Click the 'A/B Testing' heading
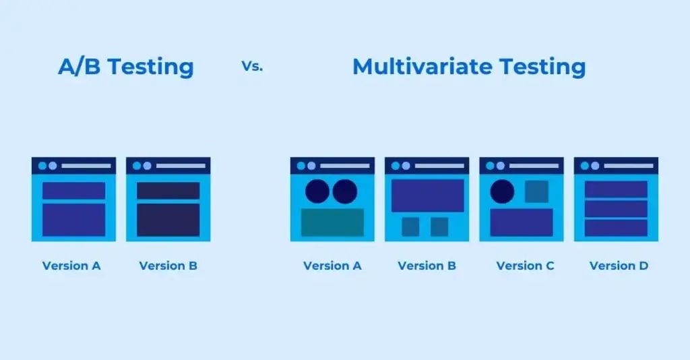pos(125,67)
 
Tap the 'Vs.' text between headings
pos(251,67)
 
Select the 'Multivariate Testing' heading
pos(469,67)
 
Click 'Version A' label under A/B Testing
pos(71,266)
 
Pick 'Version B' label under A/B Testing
pos(168,266)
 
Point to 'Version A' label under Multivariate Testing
pos(332,266)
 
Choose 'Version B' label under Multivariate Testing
pos(427,266)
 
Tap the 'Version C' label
pos(525,266)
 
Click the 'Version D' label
pos(619,266)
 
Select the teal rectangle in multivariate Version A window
pos(332,222)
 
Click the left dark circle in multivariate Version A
pos(317,191)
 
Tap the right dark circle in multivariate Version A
pos(345,191)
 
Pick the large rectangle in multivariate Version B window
pos(427,196)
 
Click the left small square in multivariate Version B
pos(410,227)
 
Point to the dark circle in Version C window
pos(502,191)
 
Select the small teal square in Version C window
pos(536,191)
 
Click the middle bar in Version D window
pos(616,208)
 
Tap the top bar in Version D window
pos(616,189)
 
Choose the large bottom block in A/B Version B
pos(168,220)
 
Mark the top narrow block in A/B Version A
pos(74,191)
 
